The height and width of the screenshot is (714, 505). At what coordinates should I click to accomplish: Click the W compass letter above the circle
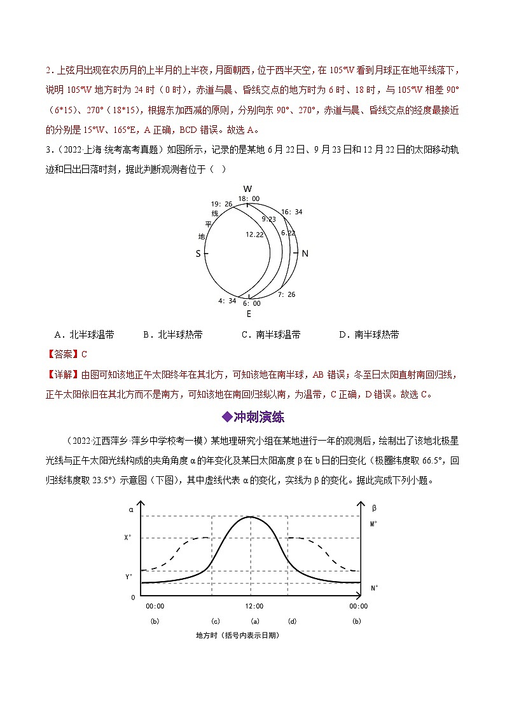248,189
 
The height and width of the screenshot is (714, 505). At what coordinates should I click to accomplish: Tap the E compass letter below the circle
249,313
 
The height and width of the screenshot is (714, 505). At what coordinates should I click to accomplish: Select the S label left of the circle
198,253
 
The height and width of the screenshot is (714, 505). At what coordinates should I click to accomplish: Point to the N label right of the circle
305,253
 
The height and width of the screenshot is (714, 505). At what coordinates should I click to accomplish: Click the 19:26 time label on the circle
221,204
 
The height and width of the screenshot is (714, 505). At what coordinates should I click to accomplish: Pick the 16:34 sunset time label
291,212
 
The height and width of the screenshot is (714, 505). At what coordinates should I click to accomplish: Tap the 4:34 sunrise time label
228,301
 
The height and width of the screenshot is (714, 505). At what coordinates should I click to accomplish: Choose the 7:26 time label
287,294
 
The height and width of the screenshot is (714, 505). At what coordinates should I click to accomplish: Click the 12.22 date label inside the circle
255,234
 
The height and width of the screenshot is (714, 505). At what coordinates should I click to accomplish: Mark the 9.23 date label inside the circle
268,219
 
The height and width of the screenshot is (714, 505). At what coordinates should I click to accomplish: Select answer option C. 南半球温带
271,334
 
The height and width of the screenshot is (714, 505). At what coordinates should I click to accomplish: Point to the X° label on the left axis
128,537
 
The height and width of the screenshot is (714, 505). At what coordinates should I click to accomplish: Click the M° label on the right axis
373,525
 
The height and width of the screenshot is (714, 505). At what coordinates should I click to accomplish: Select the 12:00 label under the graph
254,606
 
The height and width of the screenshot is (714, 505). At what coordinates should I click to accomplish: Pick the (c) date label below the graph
216,621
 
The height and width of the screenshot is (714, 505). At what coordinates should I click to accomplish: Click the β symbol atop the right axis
373,508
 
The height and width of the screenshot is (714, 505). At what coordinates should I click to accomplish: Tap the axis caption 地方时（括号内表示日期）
238,635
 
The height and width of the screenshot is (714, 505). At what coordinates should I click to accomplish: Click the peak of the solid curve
251,517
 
